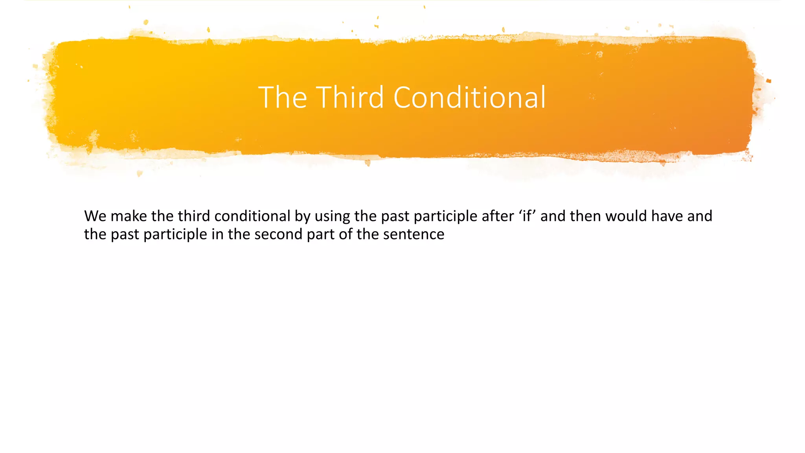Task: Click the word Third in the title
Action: [350, 97]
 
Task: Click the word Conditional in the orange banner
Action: [469, 97]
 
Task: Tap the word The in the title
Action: [282, 97]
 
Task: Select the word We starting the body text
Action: [95, 216]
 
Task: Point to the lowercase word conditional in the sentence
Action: [252, 216]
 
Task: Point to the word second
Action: [278, 234]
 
